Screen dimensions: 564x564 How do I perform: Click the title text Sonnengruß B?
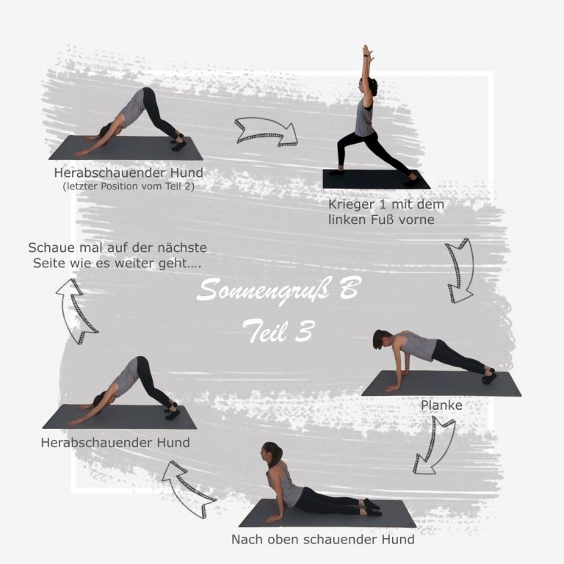[278, 290]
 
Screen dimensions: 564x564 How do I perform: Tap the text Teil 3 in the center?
[279, 331]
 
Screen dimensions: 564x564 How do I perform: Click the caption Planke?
[441, 405]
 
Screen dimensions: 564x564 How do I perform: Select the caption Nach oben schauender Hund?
[322, 540]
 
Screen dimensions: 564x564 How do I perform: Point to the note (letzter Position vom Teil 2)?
[129, 187]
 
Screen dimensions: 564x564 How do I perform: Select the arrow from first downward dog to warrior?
[266, 131]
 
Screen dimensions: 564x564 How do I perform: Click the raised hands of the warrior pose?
[367, 51]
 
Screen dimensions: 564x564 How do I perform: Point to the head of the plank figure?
[381, 339]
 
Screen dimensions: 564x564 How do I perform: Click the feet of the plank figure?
[488, 376]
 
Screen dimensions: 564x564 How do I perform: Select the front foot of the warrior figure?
[336, 172]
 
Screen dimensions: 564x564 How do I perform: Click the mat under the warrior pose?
[376, 179]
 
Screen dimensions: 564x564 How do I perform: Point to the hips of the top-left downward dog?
[148, 94]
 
